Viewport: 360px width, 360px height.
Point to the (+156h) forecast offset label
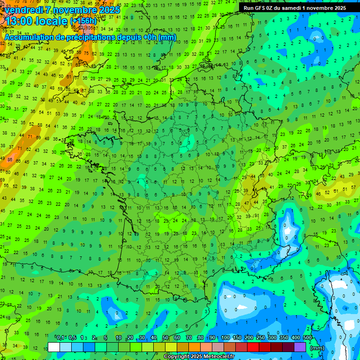[83, 21]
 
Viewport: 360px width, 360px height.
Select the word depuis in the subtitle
[133, 37]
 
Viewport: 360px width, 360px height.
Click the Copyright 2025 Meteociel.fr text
[199, 357]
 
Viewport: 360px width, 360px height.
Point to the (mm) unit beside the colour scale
[317, 348]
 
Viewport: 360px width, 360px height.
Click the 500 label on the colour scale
[307, 337]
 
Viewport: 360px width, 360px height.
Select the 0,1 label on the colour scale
[60, 337]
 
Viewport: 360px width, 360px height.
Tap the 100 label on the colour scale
[225, 337]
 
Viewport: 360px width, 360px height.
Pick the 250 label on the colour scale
[261, 337]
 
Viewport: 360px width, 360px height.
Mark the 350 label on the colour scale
[284, 337]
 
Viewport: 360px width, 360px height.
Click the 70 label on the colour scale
[189, 337]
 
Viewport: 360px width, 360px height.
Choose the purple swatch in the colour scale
[300, 347]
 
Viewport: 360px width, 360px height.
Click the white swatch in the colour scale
[54, 347]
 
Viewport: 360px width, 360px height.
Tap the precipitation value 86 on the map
[9, 160]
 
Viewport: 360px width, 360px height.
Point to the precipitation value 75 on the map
[86, 53]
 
